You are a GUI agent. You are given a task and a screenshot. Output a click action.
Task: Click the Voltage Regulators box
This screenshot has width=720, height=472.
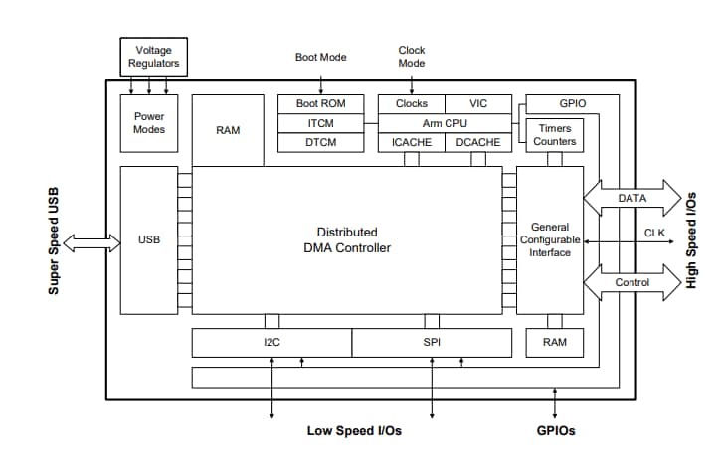pyautogui.click(x=154, y=56)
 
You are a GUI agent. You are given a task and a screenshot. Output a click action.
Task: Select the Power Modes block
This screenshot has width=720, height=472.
pyautogui.click(x=149, y=123)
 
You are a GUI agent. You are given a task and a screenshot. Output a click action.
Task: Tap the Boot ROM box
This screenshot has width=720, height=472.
pyautogui.click(x=320, y=103)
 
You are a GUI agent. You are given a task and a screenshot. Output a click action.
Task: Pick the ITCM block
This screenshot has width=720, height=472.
pyautogui.click(x=320, y=123)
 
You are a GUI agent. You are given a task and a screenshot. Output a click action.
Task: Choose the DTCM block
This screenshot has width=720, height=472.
pyautogui.click(x=320, y=143)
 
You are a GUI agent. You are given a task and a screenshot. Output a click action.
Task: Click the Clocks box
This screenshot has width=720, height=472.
pyautogui.click(x=411, y=103)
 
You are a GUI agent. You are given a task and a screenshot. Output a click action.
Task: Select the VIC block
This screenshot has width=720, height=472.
pyautogui.click(x=478, y=103)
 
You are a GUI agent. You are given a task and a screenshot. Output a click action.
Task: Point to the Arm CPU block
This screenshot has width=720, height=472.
pyautogui.click(x=445, y=123)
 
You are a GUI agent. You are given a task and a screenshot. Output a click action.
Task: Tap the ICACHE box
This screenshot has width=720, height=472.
pyautogui.click(x=411, y=143)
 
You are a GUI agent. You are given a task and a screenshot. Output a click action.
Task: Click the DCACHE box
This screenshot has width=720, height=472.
pyautogui.click(x=478, y=143)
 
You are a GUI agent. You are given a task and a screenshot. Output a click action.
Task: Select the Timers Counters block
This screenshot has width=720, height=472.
pyautogui.click(x=554, y=135)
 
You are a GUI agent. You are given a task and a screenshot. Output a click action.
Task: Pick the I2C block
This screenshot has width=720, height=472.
pyautogui.click(x=271, y=343)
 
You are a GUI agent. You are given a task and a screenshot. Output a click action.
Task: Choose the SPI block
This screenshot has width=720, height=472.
pyautogui.click(x=432, y=343)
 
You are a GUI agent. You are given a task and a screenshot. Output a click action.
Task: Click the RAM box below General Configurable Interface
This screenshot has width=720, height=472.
pyautogui.click(x=554, y=343)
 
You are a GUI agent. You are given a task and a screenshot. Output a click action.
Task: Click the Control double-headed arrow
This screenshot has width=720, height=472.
pyautogui.click(x=631, y=282)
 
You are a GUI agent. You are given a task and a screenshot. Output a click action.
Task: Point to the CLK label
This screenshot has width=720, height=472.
pyautogui.click(x=654, y=233)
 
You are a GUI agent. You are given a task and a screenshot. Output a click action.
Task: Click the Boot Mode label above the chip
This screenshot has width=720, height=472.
pyautogui.click(x=320, y=57)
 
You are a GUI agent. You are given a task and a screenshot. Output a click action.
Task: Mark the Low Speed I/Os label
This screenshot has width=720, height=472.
pyautogui.click(x=354, y=431)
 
